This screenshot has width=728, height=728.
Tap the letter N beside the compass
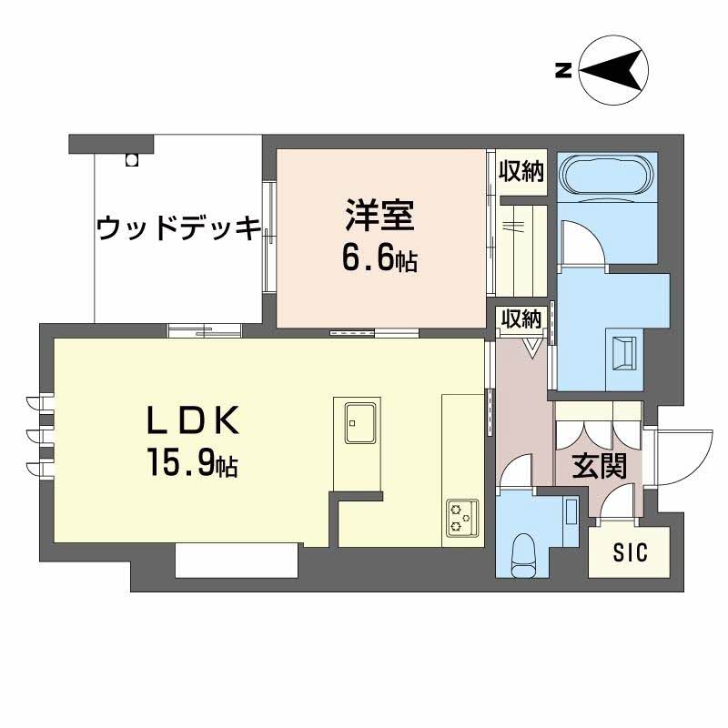(562, 69)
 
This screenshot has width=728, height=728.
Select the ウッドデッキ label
(178, 227)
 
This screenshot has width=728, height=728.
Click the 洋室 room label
(379, 218)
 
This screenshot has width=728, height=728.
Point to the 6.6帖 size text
(379, 259)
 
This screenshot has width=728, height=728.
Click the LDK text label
(193, 421)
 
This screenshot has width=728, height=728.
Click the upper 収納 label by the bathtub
(521, 172)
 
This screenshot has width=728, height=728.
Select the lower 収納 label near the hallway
(521, 318)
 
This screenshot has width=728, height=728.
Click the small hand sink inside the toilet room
(571, 512)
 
